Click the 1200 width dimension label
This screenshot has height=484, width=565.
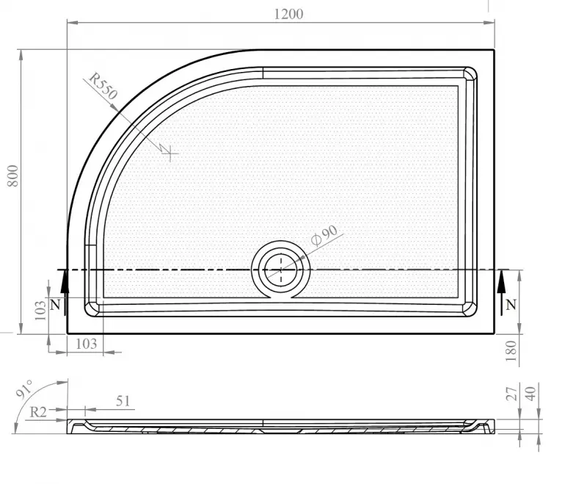[x=288, y=14]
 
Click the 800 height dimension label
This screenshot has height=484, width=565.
[x=12, y=176]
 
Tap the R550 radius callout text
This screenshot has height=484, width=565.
[x=103, y=86]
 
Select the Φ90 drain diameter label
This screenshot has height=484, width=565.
[x=324, y=235]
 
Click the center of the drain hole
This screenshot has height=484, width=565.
[x=281, y=270]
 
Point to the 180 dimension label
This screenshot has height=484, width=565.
[x=511, y=351]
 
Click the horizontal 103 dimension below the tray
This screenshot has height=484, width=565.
[x=86, y=344]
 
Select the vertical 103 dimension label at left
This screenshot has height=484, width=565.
[x=40, y=311]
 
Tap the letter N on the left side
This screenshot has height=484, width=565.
[x=55, y=305]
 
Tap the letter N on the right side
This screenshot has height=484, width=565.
[x=511, y=305]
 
